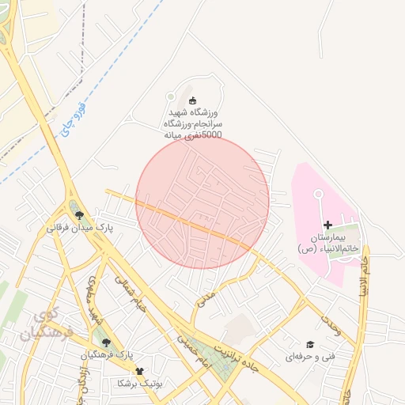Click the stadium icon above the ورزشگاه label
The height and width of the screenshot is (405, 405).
(x=193, y=100)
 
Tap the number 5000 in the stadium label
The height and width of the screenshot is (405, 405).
(x=212, y=135)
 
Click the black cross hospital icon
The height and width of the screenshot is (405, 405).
(x=328, y=225)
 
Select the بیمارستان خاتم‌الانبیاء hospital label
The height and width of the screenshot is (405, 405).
(x=328, y=243)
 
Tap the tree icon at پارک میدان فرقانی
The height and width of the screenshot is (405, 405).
(x=78, y=213)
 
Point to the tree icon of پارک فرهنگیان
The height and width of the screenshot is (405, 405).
(x=106, y=342)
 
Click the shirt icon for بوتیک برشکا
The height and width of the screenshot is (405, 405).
(x=140, y=369)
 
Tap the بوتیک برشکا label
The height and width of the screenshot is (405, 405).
(x=139, y=383)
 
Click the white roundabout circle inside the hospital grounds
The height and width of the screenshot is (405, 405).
(x=319, y=194)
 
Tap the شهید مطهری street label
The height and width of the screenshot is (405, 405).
(x=98, y=301)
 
